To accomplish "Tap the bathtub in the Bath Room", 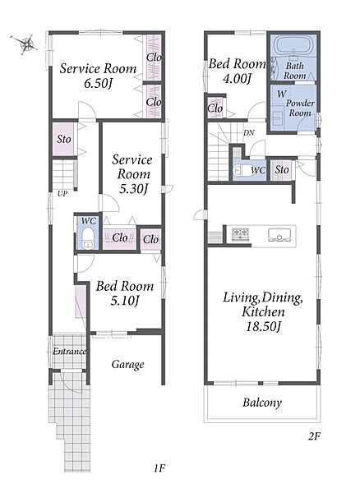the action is tap(294, 44).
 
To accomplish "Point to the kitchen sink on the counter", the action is tap(279, 235).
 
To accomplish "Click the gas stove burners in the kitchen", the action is tap(241, 234).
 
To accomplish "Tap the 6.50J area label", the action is tap(99, 83).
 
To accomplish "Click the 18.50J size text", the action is tap(263, 326).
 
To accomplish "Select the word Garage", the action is tap(127, 365).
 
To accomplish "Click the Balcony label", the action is tap(262, 403).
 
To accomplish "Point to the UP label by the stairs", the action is tap(62, 194).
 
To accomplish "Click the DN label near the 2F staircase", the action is tap(249, 132).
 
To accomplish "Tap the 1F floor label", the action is tap(159, 468).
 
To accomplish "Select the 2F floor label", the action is tap(314, 436).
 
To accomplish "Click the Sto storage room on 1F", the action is tap(64, 139).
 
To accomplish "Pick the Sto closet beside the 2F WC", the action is tap(282, 170).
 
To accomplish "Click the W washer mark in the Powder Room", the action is tap(282, 94).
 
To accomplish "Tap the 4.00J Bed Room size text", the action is tap(237, 79).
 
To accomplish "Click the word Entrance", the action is tap(69, 351).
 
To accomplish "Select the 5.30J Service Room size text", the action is tap(134, 188).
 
